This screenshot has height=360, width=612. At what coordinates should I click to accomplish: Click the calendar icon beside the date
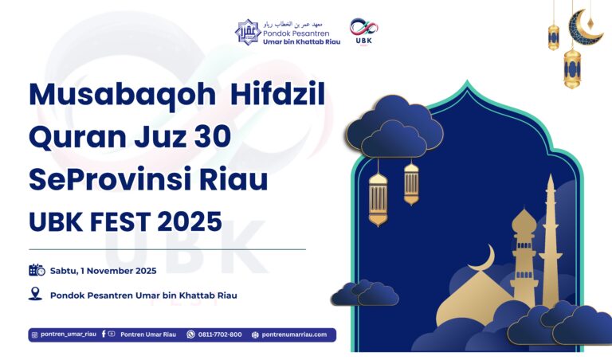coord(37,270)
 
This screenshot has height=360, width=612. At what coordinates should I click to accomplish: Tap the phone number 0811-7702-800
coord(220,335)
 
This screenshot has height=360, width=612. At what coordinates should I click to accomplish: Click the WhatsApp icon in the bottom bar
coord(190,335)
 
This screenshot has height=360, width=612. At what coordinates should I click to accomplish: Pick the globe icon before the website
coord(255,335)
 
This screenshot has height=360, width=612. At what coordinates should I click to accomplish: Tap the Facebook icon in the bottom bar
coord(104,335)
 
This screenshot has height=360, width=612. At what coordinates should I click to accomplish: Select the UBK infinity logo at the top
coord(363,28)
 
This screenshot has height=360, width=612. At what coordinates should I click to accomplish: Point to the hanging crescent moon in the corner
coord(588,23)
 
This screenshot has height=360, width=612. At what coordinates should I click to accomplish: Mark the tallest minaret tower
coord(549,239)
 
